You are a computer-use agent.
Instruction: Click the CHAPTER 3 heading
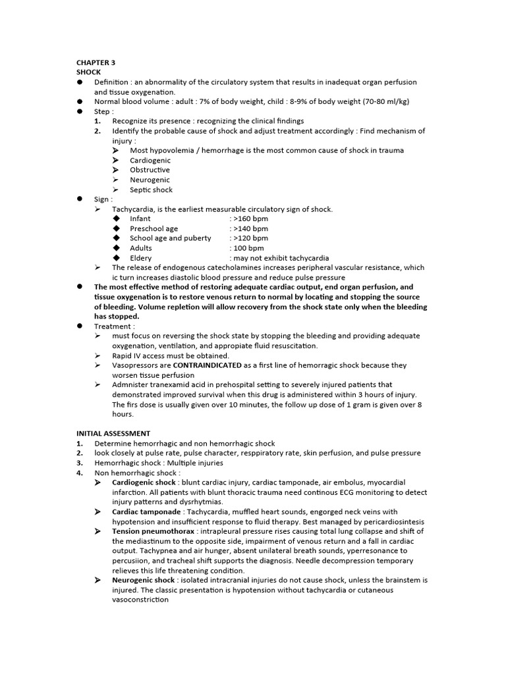96,63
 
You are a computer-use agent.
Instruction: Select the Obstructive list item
150,170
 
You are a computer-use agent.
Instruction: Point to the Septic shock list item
151,190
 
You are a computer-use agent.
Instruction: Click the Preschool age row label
154,228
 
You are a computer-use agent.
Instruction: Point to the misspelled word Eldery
141,258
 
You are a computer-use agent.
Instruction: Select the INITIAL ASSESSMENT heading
113,434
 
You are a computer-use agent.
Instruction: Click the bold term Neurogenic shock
143,581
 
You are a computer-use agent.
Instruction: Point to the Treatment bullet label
114,326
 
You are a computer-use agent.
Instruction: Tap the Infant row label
140,219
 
